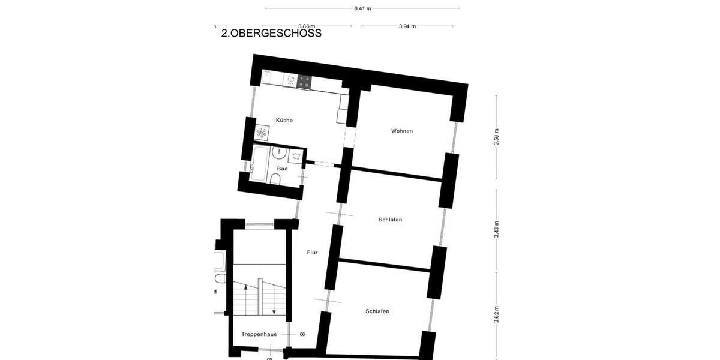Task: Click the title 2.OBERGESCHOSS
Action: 271,33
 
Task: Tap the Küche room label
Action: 284,121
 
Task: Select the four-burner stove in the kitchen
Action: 304,81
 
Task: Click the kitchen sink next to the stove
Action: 290,79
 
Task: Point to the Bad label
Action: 282,169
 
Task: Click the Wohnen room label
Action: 401,131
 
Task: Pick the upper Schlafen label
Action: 390,220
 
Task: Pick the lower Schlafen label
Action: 377,311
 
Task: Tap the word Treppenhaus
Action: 259,334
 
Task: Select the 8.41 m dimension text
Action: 362,8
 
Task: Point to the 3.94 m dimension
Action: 407,26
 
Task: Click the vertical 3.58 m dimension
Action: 496,137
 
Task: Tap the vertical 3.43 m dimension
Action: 496,229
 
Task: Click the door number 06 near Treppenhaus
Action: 302,334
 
